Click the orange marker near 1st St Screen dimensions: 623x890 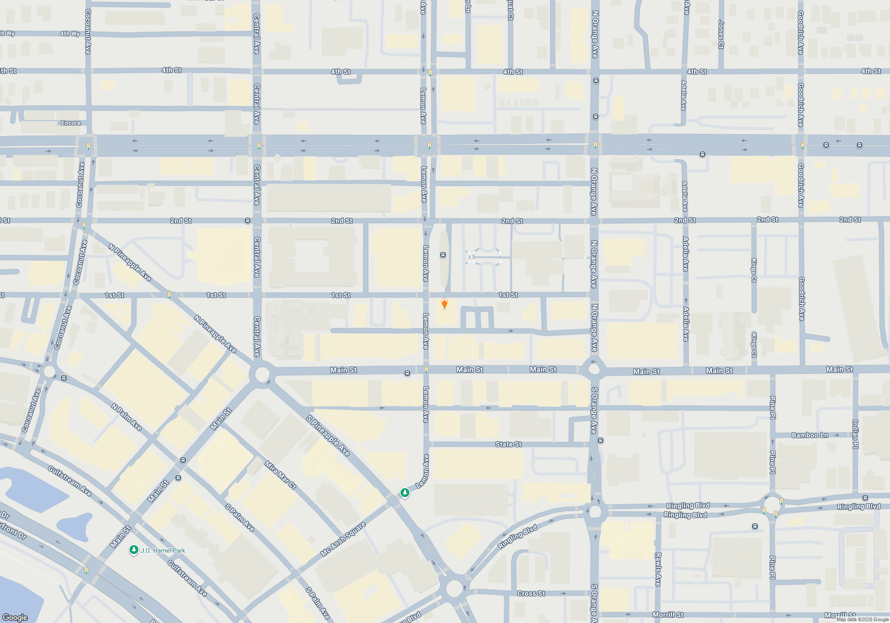tap(444, 304)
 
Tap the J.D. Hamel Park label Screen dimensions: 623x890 tap(163, 550)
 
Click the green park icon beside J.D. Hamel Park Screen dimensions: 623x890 tap(133, 550)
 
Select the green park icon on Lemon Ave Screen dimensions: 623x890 tap(405, 493)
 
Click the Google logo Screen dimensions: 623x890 tap(15, 617)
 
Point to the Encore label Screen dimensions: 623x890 tap(71, 123)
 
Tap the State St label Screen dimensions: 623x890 tap(508, 444)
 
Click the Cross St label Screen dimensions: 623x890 tap(531, 594)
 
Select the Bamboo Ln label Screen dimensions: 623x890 tap(809, 435)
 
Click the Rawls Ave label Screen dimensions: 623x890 tap(658, 569)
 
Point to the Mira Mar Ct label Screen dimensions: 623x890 tap(280, 475)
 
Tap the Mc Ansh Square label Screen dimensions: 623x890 tap(343, 539)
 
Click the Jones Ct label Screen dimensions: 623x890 tap(721, 34)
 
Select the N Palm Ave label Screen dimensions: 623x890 tap(126, 417)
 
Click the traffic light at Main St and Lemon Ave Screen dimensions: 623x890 tap(426, 369)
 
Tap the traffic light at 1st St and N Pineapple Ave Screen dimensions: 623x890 tap(170, 295)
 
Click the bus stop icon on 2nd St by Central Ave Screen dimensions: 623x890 tap(248, 221)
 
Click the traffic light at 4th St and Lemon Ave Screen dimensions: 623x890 tap(430, 73)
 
